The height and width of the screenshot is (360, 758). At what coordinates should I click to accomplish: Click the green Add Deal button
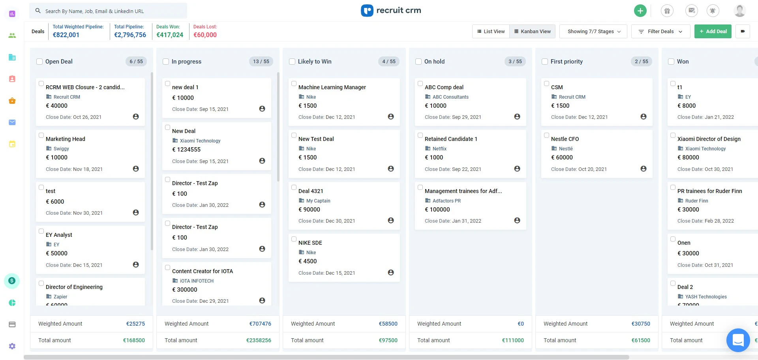click(713, 32)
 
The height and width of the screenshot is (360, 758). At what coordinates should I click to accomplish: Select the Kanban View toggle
click(532, 32)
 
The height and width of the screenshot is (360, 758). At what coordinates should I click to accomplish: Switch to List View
click(491, 32)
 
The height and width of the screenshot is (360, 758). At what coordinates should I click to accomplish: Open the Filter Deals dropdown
click(660, 32)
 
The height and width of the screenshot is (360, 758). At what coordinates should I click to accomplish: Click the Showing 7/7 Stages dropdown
click(593, 32)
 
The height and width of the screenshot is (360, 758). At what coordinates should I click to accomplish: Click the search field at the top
click(109, 11)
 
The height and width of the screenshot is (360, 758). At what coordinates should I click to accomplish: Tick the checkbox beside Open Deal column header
click(39, 62)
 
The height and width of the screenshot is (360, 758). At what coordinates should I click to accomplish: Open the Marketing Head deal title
click(66, 139)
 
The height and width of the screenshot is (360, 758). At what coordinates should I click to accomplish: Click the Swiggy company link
click(61, 149)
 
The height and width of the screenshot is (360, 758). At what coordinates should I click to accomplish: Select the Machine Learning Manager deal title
click(332, 87)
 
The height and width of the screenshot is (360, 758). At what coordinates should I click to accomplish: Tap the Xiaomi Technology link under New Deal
click(200, 141)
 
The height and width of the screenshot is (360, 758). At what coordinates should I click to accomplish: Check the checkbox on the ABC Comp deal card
click(420, 84)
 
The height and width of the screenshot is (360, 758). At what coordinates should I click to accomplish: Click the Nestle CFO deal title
click(565, 139)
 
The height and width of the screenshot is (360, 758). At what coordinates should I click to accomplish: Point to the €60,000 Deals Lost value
click(205, 35)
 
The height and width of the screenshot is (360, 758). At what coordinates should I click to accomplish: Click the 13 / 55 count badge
click(261, 62)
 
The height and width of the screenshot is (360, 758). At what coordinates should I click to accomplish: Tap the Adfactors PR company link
click(447, 201)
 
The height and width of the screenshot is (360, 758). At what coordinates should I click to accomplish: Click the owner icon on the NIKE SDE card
click(391, 272)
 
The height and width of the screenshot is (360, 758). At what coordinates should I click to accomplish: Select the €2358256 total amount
click(259, 340)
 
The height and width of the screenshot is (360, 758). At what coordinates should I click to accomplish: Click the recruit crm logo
click(391, 11)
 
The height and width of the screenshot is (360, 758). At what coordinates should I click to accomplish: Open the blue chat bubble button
click(738, 340)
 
